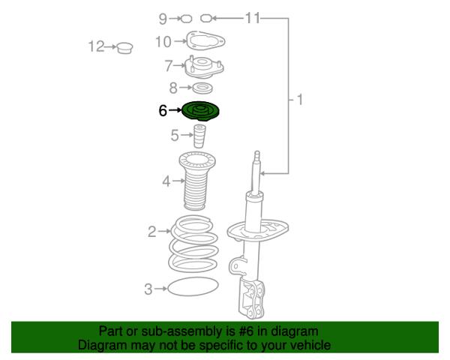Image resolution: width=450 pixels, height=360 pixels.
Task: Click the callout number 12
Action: point(96,46)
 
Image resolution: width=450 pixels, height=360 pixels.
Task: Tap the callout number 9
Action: point(163,19)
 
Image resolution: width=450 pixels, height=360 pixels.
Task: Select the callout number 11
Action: point(253,18)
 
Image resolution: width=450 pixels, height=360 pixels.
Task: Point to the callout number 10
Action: point(163,42)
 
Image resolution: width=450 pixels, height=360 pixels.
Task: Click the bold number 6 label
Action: point(163,110)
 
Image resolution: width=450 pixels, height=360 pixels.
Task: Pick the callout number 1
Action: point(299,100)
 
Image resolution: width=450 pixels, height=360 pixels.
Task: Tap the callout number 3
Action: point(148,289)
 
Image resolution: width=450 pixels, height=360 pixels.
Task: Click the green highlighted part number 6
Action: point(201,112)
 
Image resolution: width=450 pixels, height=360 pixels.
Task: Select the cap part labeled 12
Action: point(124,48)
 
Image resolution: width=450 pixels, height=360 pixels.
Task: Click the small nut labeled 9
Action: point(187,19)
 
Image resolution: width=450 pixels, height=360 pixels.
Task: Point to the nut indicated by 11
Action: point(205,18)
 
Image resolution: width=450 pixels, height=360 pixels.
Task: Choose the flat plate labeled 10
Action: point(205,41)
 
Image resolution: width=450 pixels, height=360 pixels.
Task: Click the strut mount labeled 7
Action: point(204,67)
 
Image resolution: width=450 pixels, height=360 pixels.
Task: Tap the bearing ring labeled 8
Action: point(202,88)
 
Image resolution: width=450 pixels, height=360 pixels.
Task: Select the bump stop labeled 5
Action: point(199,136)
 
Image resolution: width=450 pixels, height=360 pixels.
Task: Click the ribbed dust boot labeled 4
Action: point(197,181)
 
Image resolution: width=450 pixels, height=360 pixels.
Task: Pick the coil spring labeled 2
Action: point(193,244)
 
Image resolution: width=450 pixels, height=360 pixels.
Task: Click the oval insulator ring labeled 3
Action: point(193,286)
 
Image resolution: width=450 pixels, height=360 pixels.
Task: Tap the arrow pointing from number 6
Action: point(175,110)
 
